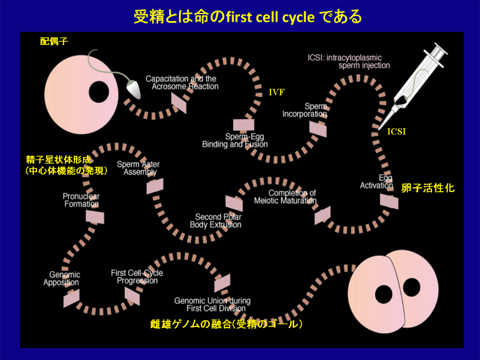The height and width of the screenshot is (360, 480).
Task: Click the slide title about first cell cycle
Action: pyautogui.click(x=247, y=17)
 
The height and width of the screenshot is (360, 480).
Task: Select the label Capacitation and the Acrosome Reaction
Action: pyautogui.click(x=182, y=82)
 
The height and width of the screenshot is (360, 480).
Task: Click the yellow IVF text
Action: pyautogui.click(x=277, y=92)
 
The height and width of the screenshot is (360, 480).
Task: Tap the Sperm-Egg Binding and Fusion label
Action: pyautogui.click(x=235, y=140)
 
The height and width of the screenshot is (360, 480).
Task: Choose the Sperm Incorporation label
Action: pyautogui.click(x=304, y=110)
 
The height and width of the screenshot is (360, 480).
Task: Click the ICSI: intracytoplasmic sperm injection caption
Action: pyautogui.click(x=348, y=61)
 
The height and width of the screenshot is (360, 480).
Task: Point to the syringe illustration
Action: pyautogui.click(x=419, y=80)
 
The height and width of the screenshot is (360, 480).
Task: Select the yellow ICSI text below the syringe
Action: pyautogui.click(x=396, y=132)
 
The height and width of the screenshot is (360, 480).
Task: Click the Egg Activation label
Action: pyautogui.click(x=376, y=181)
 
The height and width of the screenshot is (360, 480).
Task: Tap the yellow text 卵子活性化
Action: pyautogui.click(x=428, y=188)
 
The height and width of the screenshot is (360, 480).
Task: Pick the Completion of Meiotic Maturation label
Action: pyautogui.click(x=292, y=197)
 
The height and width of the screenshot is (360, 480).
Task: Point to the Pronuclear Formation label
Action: pyautogui.click(x=81, y=200)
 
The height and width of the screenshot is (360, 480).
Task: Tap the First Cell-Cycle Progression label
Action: pyautogui.click(x=137, y=276)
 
